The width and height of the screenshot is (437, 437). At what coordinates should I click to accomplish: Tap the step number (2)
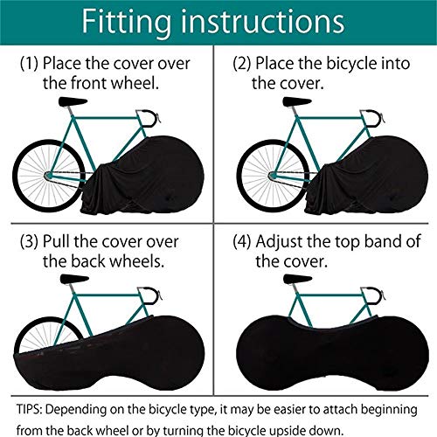[245, 65]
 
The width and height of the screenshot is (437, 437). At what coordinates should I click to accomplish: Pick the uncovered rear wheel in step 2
[266, 165]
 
